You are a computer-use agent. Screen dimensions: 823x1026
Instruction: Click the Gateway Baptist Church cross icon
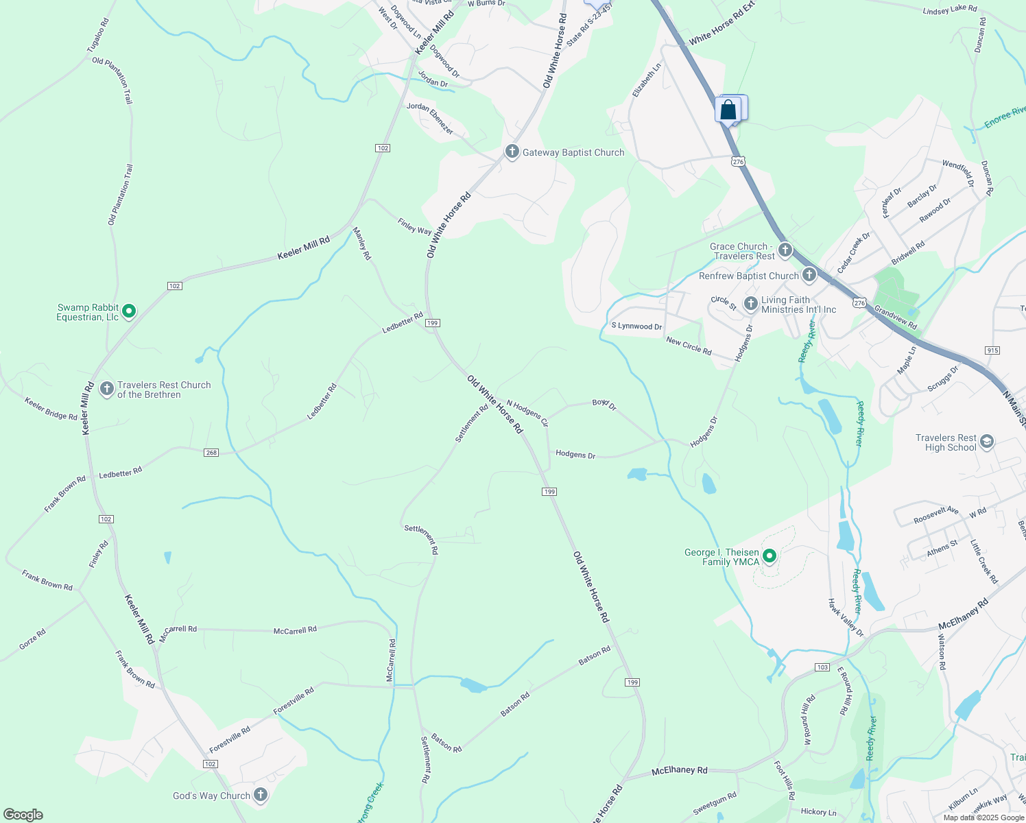click(x=512, y=152)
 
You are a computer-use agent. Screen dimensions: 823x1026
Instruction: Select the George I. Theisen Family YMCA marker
click(x=769, y=556)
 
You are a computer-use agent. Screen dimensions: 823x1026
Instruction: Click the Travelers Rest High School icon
click(x=986, y=442)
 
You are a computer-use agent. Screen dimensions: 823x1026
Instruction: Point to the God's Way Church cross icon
click(x=260, y=795)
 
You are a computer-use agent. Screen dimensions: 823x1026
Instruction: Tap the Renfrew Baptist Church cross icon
click(x=809, y=276)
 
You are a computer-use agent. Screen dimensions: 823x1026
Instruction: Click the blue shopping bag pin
click(x=728, y=110)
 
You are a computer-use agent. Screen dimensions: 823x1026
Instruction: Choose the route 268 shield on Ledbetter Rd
click(x=211, y=453)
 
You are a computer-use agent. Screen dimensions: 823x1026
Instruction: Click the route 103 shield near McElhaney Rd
click(x=823, y=667)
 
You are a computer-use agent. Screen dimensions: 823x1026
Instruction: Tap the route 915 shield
click(x=992, y=350)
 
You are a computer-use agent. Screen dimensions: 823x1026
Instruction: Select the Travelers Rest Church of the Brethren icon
click(x=106, y=390)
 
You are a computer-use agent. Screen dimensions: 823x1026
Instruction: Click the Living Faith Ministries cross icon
click(x=750, y=303)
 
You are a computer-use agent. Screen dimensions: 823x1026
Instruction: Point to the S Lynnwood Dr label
click(x=636, y=326)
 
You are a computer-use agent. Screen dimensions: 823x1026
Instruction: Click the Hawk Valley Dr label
click(x=845, y=617)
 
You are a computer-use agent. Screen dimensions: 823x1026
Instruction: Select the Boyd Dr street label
click(x=604, y=405)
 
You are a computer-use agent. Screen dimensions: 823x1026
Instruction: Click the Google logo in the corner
click(x=23, y=815)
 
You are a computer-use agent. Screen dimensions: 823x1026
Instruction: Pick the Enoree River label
click(x=1005, y=117)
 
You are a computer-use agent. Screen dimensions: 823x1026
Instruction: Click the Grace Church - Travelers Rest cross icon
click(x=785, y=250)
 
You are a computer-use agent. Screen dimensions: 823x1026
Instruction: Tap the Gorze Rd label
click(x=32, y=639)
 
